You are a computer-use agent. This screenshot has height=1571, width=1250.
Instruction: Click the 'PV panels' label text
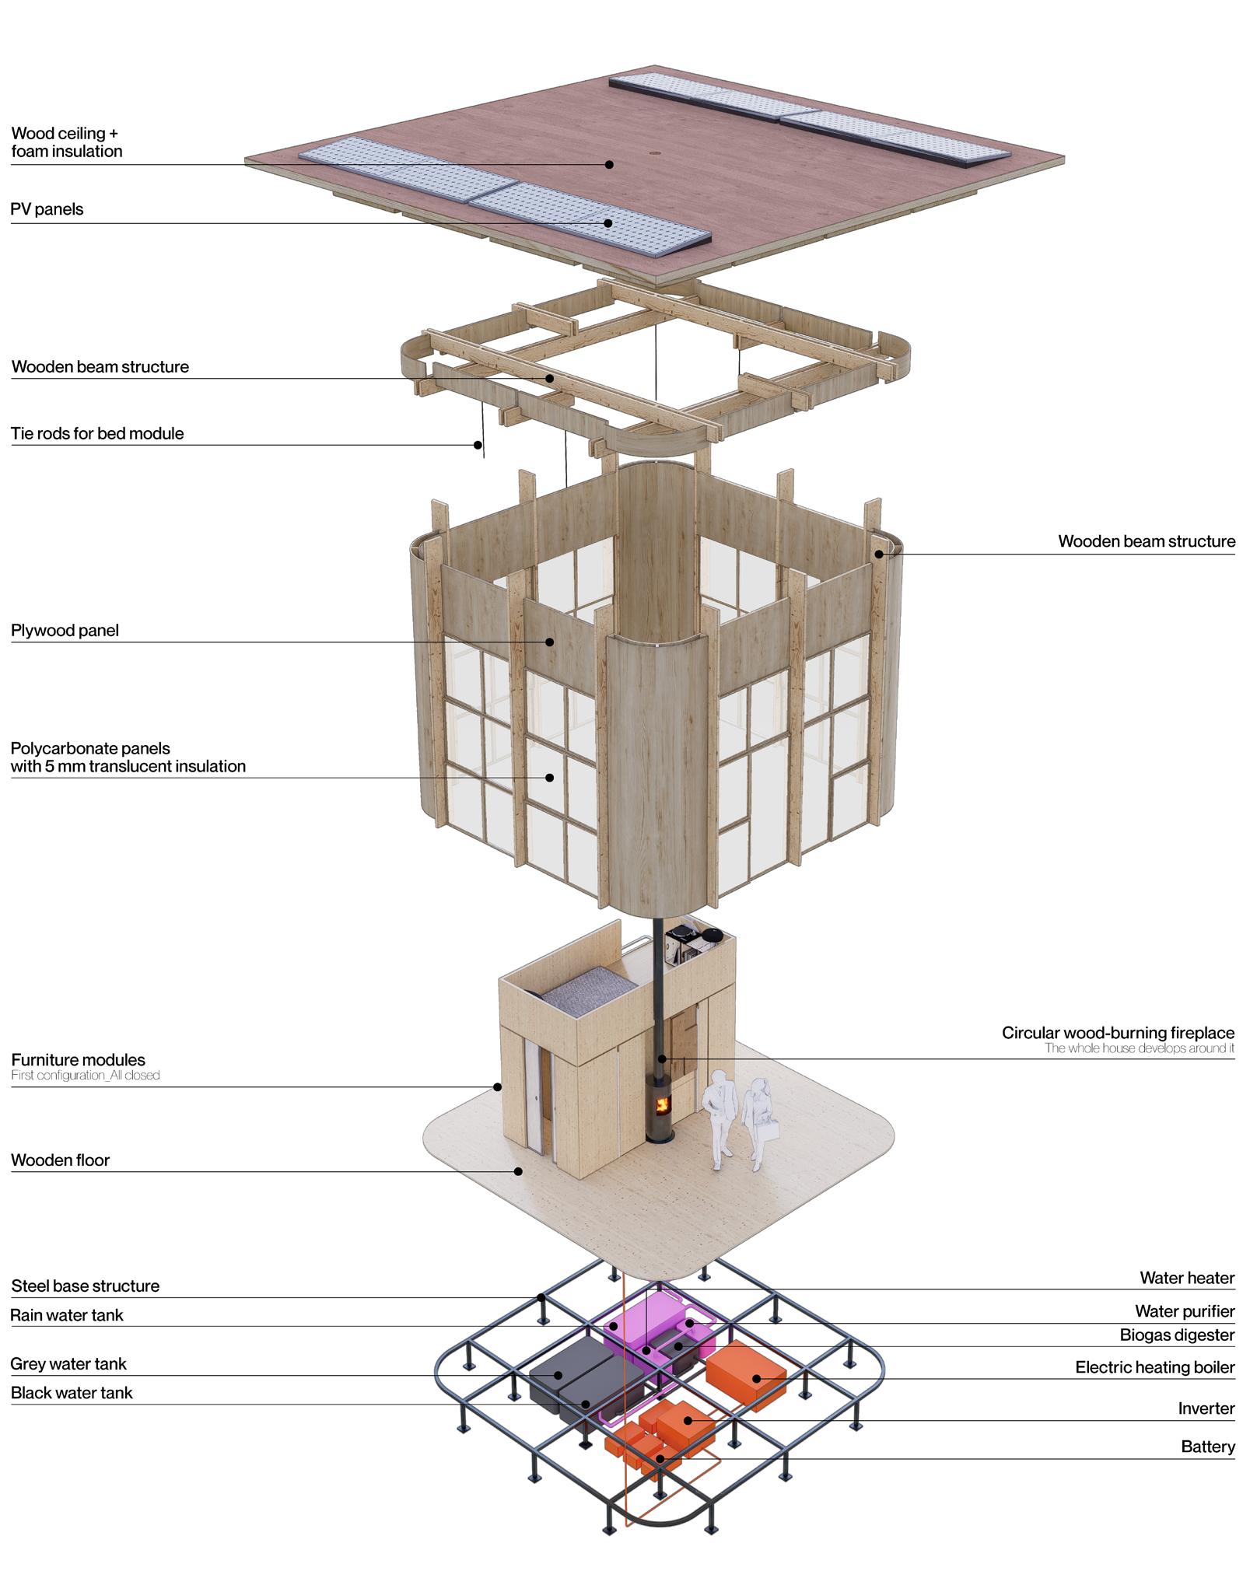[47, 209]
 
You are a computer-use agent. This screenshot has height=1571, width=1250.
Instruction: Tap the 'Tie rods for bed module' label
[97, 433]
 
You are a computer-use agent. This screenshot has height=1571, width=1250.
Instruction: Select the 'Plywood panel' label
[65, 630]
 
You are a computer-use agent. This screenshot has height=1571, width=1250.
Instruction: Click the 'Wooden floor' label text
[60, 1160]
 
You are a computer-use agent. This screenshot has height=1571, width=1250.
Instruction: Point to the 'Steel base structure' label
[85, 1286]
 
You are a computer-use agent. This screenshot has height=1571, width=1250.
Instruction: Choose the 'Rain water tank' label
[67, 1315]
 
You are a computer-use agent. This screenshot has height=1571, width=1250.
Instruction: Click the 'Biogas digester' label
[1177, 1335]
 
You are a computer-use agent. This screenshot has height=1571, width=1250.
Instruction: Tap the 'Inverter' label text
[1206, 1408]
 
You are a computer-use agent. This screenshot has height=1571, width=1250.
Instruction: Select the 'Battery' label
[1207, 1447]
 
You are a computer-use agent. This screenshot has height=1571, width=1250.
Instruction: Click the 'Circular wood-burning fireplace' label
[1118, 1033]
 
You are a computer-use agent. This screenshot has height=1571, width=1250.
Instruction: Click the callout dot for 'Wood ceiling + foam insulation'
[609, 164]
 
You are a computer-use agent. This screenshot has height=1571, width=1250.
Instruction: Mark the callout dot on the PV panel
[608, 223]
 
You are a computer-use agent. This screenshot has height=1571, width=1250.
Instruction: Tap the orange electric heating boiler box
[744, 1375]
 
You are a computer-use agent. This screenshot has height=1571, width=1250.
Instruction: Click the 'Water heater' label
[1187, 1278]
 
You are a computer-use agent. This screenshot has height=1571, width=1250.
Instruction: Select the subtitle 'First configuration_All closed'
[86, 1075]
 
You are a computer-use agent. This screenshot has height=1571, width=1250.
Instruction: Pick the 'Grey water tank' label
[68, 1363]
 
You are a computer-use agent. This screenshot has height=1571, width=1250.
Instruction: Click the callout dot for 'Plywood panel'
[549, 642]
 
